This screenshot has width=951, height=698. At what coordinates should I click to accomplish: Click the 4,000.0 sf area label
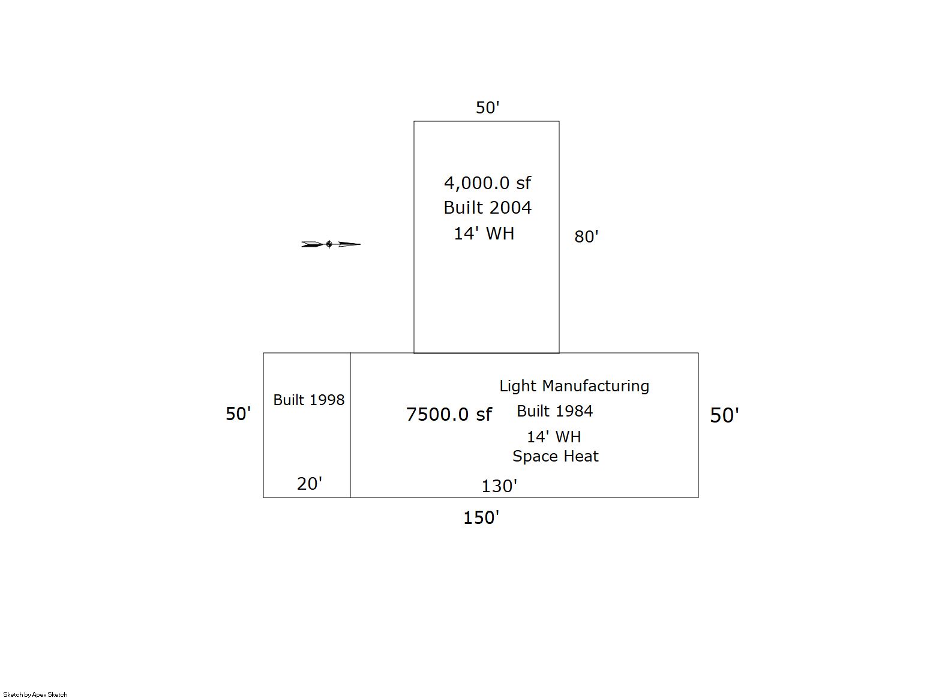tap(487, 184)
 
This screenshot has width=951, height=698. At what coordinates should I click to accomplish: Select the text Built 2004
tap(487, 208)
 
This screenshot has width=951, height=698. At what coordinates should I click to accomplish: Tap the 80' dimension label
tap(586, 236)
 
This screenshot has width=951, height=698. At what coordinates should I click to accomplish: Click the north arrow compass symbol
tap(331, 244)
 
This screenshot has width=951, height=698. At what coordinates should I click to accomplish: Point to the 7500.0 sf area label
tap(449, 414)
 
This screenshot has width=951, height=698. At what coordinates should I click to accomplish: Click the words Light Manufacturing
tap(574, 386)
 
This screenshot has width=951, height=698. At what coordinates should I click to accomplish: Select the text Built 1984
tap(554, 411)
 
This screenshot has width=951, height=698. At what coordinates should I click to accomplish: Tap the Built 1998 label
tap(308, 400)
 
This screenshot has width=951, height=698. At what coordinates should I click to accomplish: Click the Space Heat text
tap(556, 456)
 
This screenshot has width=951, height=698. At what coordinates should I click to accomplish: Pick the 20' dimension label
tap(310, 484)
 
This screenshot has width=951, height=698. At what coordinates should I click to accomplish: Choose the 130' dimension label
tap(499, 486)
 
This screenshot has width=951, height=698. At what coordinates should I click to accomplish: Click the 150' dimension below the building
tap(481, 518)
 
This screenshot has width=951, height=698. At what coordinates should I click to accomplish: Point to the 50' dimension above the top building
tap(487, 108)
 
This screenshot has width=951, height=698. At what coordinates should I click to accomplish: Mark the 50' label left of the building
tap(238, 414)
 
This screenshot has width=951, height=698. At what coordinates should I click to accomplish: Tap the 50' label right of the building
tap(724, 415)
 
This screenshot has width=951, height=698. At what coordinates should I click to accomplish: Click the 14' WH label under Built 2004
tap(484, 233)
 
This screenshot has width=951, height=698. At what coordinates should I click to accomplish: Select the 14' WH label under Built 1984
tap(554, 437)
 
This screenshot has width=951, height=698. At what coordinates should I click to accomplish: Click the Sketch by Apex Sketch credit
tap(35, 694)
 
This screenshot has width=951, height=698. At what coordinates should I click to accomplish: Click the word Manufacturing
tap(596, 386)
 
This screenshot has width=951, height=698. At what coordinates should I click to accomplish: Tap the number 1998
tap(327, 400)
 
